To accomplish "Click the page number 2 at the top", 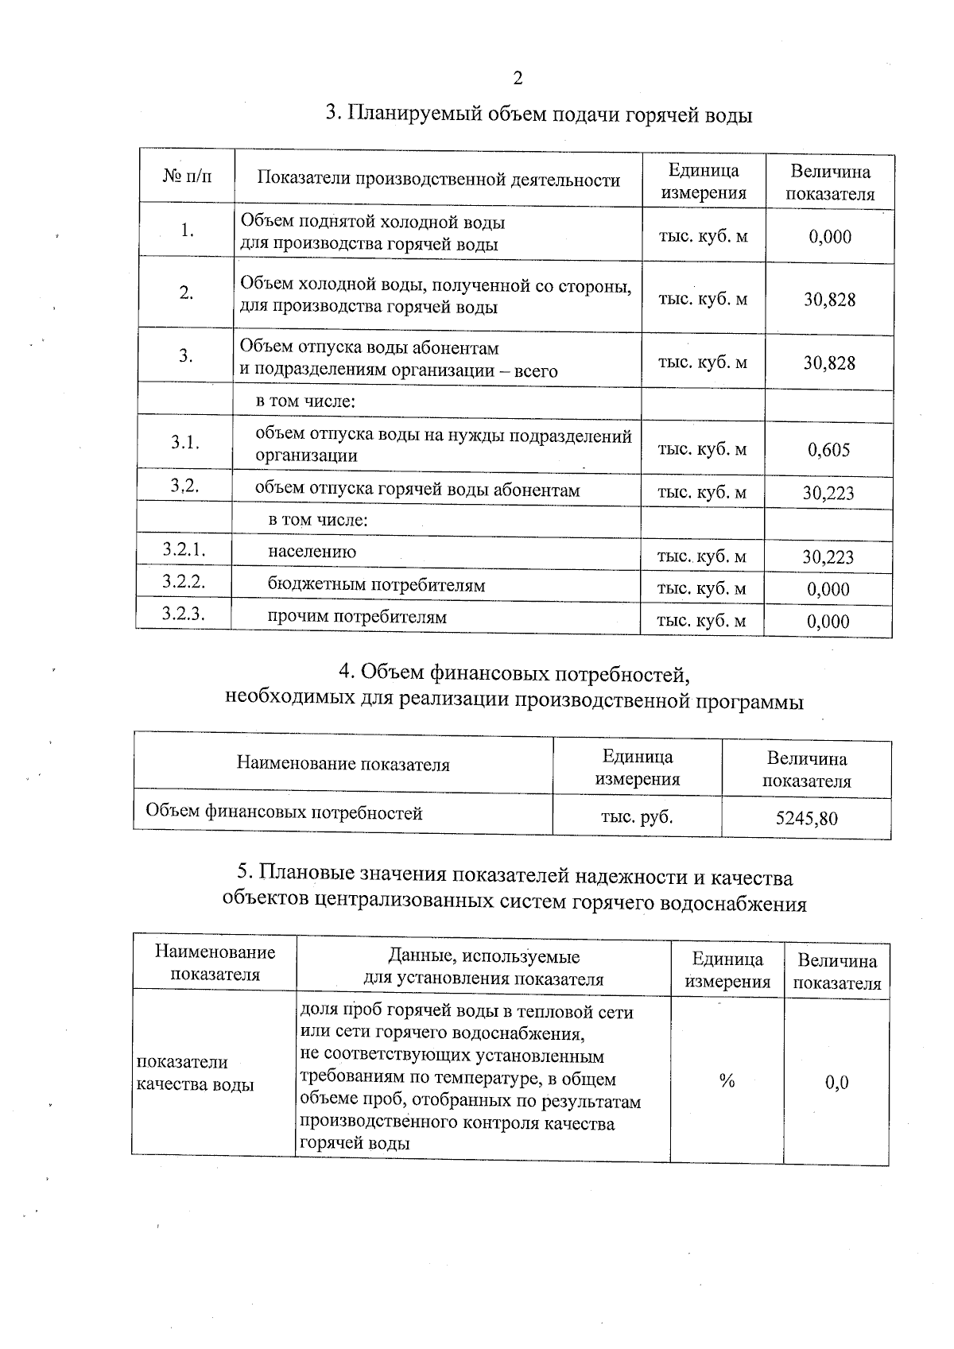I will point(518,78).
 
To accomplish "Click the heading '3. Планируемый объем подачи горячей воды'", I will point(540,115).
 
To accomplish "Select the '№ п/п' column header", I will point(187,176).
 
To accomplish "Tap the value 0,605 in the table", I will point(828,451).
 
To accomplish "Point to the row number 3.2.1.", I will point(184,549).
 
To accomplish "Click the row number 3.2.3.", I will point(184,613).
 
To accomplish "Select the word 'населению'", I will point(312,552).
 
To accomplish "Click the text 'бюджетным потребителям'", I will point(376,586).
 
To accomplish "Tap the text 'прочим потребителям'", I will point(357,617).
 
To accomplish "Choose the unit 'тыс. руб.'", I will point(637,816).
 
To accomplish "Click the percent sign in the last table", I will point(727,1080).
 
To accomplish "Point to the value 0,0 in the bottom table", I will point(836,1083).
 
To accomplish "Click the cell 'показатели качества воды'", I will point(196,1073).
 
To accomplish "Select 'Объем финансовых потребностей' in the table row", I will point(284,812).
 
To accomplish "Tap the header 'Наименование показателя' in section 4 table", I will point(343,765).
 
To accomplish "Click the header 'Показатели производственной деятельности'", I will point(438,180).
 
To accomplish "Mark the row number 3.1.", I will point(184,443).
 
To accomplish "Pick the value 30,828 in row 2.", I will point(829,300).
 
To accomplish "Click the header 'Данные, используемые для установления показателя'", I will point(483,967).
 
